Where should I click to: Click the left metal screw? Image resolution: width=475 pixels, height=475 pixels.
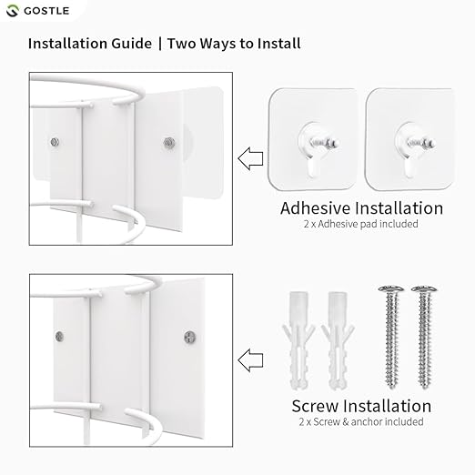pos(389,337)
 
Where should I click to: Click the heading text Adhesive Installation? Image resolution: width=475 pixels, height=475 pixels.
pos(361,207)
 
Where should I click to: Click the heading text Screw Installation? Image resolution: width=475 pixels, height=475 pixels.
pos(361,406)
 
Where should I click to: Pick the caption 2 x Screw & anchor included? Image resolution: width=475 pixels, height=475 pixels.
pos(361,422)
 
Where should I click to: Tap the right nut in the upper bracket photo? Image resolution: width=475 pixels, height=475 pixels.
pos(167,140)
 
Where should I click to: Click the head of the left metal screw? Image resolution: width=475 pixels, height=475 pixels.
pos(389,290)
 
